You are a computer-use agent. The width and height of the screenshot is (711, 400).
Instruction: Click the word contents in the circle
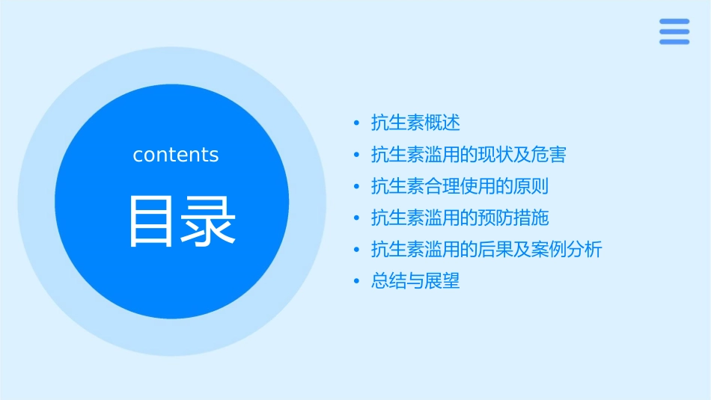(176, 155)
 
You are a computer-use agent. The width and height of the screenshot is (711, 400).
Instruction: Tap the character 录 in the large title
(209, 221)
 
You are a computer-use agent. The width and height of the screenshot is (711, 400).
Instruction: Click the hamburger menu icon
(674, 31)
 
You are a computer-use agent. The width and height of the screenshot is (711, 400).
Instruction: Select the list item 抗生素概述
(415, 123)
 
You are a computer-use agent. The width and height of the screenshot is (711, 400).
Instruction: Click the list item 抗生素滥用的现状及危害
(469, 155)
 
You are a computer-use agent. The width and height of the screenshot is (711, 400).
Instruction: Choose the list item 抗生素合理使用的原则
(460, 186)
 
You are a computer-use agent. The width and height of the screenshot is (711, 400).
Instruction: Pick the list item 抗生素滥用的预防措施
(460, 218)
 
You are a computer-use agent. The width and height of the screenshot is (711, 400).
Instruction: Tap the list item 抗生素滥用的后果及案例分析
(486, 250)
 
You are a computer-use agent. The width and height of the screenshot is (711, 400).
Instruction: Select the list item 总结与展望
(415, 281)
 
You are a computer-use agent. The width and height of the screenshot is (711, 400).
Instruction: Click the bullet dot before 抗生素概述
(357, 123)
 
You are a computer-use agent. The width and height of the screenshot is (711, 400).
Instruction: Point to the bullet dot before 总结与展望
(357, 282)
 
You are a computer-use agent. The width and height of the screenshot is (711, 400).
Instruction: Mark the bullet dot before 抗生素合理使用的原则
(357, 187)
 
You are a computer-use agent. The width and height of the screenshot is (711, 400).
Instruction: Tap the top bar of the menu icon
(674, 22)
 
